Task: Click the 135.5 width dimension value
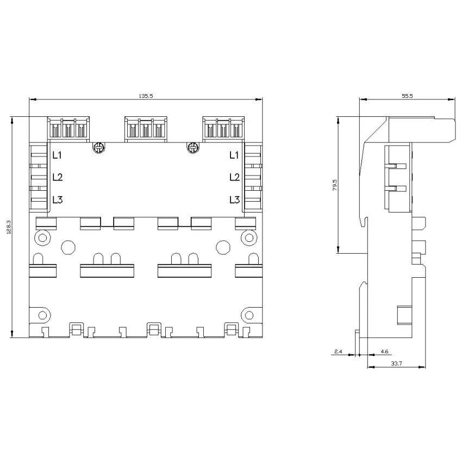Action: point(146,96)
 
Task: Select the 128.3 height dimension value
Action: point(9,227)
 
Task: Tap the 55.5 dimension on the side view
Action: point(407,96)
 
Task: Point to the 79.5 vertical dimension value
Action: point(335,185)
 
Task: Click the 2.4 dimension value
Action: point(338,351)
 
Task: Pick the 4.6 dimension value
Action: point(384,351)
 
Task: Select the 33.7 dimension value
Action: point(396,363)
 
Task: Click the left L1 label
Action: point(57,155)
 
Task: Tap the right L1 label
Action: point(234,155)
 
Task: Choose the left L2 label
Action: point(58,177)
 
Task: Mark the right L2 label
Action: point(235,177)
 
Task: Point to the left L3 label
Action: point(58,200)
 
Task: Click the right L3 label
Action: point(235,200)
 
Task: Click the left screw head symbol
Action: point(99,147)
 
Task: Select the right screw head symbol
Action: point(193,147)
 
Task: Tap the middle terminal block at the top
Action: point(146,129)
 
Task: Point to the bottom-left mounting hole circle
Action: point(43,315)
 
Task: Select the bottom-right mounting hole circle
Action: point(249,315)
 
